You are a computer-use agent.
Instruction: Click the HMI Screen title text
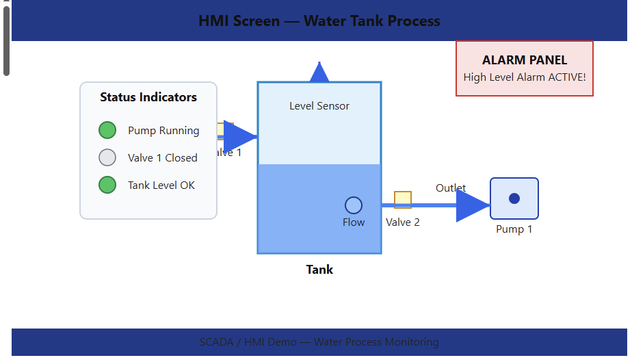(319, 21)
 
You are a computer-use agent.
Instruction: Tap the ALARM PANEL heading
(524, 60)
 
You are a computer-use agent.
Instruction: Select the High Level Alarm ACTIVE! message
(524, 77)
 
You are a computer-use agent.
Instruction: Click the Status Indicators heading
(148, 97)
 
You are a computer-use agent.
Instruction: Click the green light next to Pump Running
(107, 130)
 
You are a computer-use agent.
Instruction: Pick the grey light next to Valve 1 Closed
(107, 157)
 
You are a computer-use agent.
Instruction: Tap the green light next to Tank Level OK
(107, 185)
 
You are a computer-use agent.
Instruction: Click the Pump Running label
(163, 131)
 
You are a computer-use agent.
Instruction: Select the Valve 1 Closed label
(162, 158)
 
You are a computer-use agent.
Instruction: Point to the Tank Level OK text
(161, 185)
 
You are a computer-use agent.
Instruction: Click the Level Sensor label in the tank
(319, 106)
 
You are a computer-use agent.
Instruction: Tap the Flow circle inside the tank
(353, 205)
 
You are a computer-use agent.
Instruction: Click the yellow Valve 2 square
(402, 200)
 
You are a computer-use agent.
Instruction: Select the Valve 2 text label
(402, 222)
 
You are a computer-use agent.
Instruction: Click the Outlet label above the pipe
(451, 188)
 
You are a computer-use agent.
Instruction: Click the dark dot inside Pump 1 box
(514, 198)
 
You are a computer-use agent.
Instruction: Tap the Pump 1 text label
(514, 229)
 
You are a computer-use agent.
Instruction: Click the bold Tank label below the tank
(319, 270)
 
